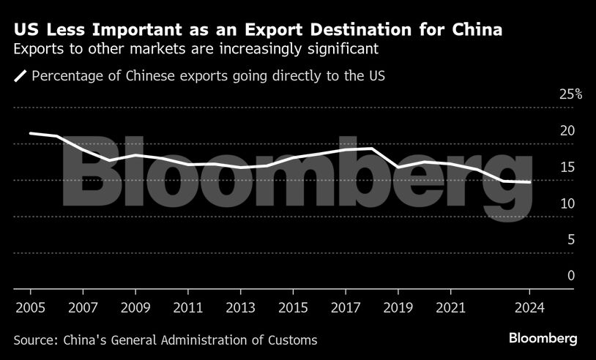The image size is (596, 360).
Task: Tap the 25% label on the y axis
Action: pos(570,94)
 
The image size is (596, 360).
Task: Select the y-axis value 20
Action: pos(567,131)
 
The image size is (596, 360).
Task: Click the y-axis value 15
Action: pos(567,167)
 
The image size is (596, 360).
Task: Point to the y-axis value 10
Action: pos(567,203)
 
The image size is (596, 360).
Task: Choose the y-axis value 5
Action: pos(570,239)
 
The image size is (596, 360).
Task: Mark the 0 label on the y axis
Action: pos(570,276)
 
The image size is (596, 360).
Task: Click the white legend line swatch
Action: pos(21,75)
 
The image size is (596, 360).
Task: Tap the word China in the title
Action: pos(477,31)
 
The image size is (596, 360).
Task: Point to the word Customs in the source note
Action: pos(291,340)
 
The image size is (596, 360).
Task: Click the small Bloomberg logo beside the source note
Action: pos(543,339)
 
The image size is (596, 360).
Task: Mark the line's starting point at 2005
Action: pos(30,133)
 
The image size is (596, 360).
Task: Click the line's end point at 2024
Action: pos(530,182)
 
